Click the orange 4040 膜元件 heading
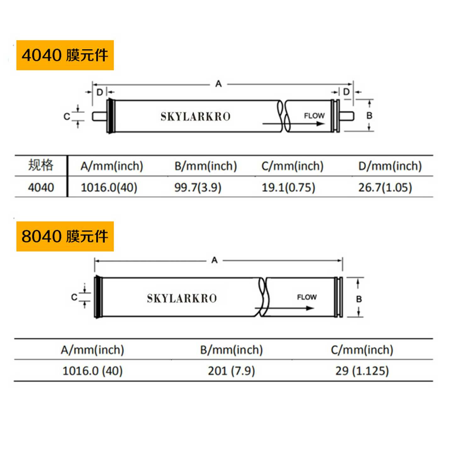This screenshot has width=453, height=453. (65, 55)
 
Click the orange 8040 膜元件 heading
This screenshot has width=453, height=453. (65, 236)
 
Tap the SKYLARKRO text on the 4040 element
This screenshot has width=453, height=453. (195, 117)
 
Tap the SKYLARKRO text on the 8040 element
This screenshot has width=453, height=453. (182, 298)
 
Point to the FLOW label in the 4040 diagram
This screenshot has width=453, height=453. (314, 116)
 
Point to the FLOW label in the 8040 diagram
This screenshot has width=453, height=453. (307, 297)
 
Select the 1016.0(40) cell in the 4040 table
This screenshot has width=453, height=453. (109, 187)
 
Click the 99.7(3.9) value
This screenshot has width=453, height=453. (198, 187)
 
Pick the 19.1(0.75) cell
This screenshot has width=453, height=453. (288, 187)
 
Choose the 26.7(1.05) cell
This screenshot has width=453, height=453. (385, 187)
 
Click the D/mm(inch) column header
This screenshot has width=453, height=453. (390, 166)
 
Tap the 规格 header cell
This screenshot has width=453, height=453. (41, 165)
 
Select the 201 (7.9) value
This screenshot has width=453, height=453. (231, 371)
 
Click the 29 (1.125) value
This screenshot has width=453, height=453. (362, 371)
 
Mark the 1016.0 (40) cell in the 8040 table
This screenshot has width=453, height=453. (92, 371)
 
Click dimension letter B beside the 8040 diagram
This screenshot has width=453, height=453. (359, 299)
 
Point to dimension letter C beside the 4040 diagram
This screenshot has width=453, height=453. (67, 117)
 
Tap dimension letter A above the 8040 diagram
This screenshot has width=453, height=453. (215, 260)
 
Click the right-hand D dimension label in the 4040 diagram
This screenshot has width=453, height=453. (346, 92)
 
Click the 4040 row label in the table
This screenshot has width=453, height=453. (41, 187)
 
